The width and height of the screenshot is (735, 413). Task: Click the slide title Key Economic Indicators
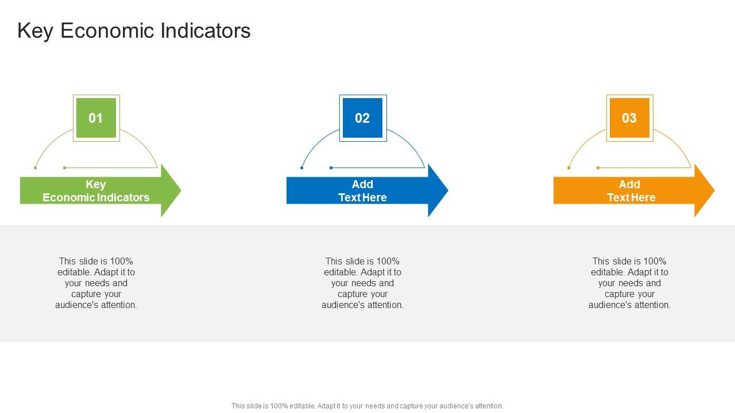tap(134, 30)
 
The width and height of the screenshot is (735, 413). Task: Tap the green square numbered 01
tap(96, 118)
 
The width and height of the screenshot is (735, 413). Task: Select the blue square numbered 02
tap(362, 118)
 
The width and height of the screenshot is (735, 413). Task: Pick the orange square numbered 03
tap(629, 118)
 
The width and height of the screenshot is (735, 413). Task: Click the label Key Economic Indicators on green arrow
tap(96, 190)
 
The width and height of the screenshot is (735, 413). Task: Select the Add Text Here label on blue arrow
tap(362, 190)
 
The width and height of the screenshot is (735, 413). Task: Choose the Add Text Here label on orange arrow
tap(629, 190)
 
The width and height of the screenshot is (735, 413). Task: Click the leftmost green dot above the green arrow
tap(36, 167)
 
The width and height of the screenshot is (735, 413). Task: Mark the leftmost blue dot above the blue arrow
tap(302, 167)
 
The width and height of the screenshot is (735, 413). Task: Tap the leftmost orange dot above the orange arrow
tap(569, 167)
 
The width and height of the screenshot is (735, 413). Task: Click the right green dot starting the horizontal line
tap(65, 167)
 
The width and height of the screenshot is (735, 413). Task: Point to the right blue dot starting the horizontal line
tap(331, 167)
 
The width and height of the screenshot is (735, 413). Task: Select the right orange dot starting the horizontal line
tap(598, 167)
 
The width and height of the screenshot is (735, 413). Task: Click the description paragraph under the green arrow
tap(96, 283)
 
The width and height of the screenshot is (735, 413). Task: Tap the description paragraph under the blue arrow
tap(362, 283)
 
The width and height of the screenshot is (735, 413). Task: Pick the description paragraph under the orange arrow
tap(629, 283)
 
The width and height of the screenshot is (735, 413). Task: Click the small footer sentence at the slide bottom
tap(367, 406)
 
